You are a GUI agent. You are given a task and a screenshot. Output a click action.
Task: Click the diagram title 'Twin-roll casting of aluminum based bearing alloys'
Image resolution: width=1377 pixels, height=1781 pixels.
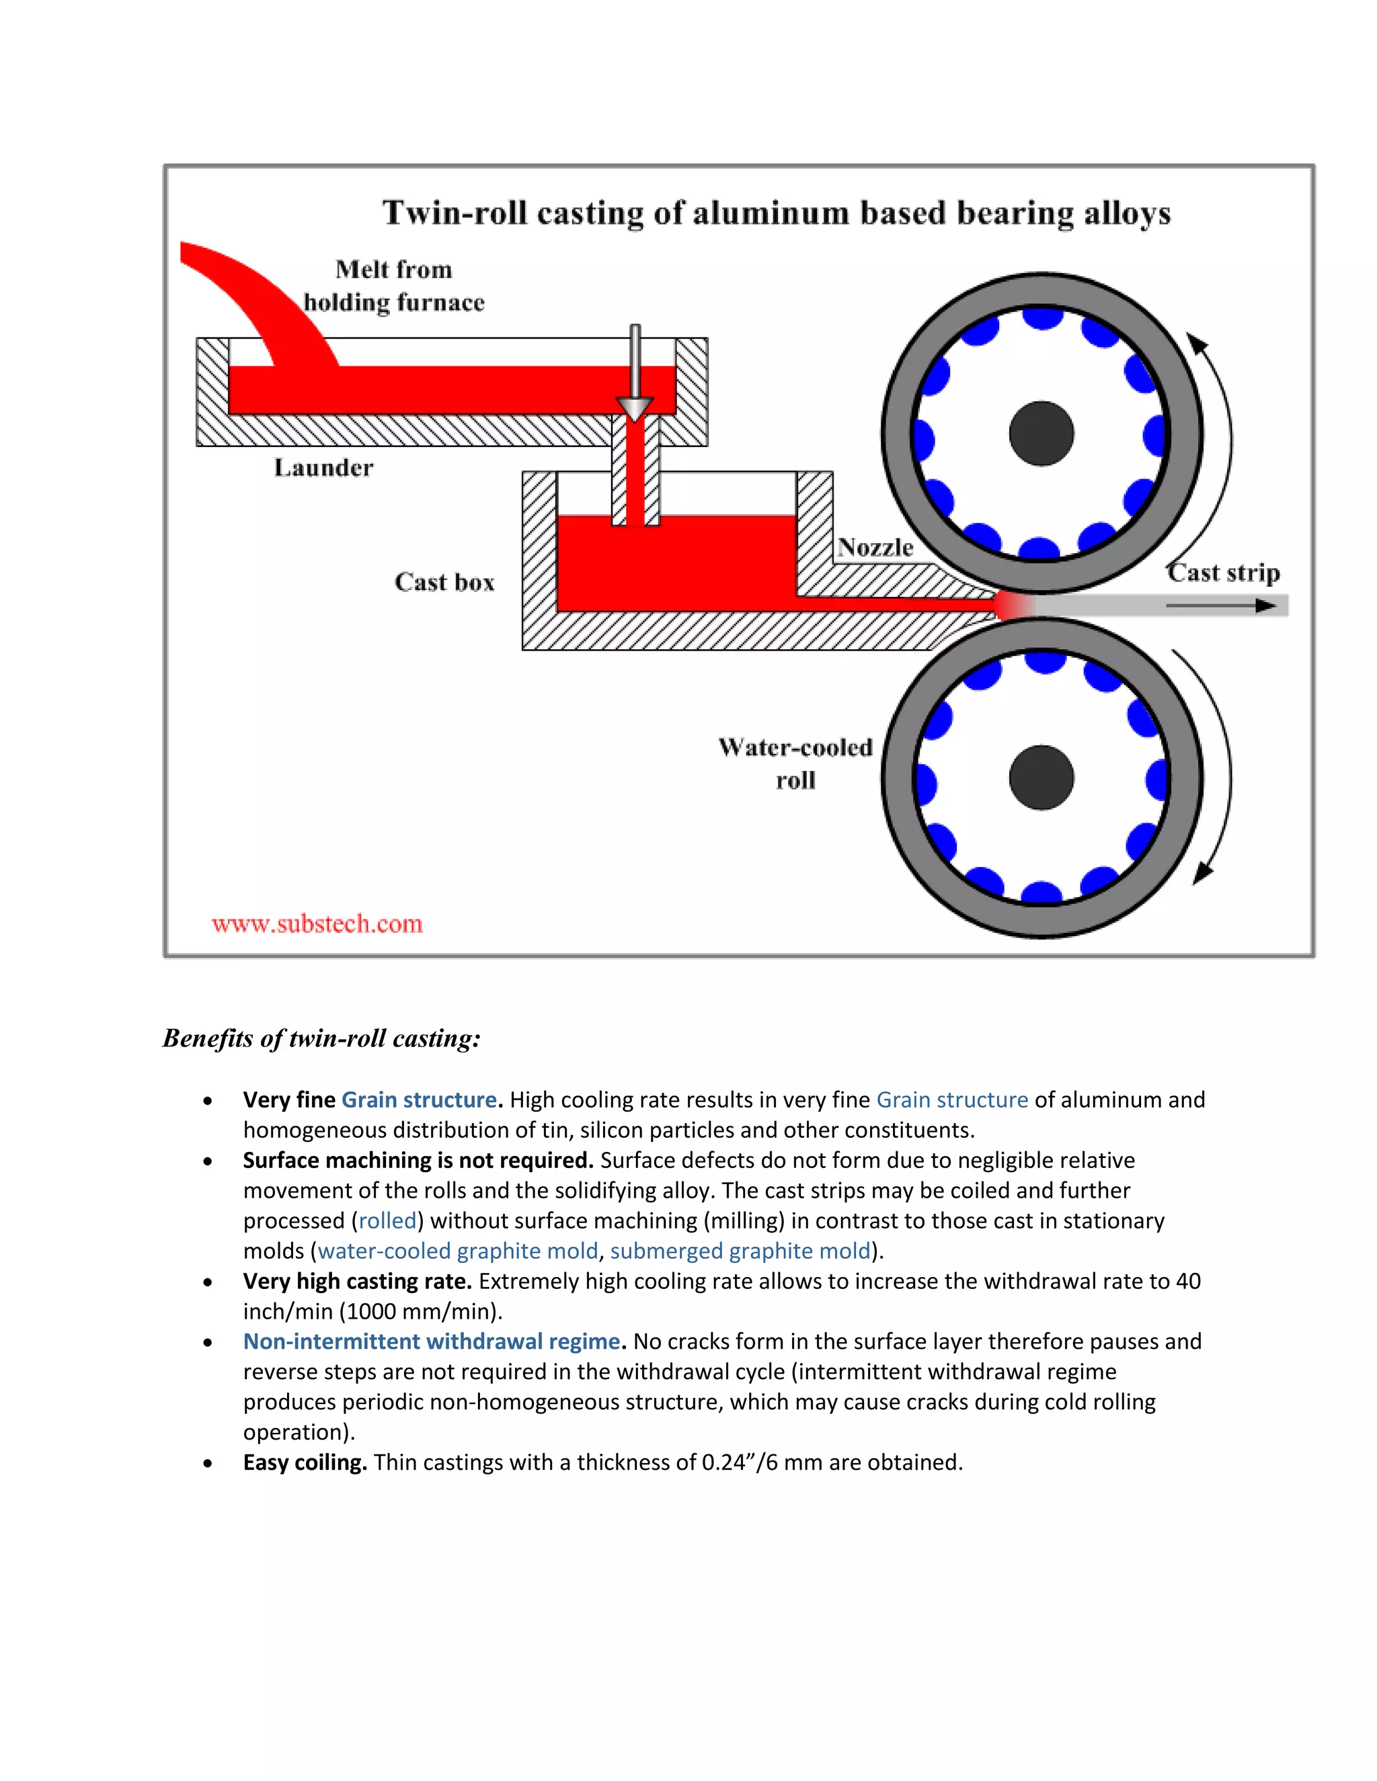point(776,213)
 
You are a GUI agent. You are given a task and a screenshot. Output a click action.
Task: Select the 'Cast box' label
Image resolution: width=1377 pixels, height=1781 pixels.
point(444,582)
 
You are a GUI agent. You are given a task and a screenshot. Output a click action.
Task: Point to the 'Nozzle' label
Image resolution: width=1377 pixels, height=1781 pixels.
point(875,547)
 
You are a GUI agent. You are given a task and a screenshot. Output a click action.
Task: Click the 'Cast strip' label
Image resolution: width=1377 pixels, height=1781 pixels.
point(1223,573)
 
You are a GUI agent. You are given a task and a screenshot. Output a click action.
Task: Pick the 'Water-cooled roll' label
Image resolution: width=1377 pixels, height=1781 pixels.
point(795,763)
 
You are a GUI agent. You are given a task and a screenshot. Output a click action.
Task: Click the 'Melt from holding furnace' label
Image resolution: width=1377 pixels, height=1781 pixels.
point(394,286)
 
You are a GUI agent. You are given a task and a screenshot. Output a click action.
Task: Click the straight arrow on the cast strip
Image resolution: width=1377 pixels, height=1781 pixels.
point(1220,606)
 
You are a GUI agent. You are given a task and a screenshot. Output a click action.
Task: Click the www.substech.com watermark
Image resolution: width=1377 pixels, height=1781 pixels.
point(317,924)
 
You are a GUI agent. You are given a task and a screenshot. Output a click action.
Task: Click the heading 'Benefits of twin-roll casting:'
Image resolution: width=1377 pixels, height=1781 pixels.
point(321,1038)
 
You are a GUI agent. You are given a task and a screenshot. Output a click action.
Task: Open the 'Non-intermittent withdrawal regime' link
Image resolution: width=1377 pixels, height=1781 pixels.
point(432,1341)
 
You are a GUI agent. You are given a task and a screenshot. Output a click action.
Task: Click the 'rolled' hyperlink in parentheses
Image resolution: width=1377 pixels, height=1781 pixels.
point(387,1220)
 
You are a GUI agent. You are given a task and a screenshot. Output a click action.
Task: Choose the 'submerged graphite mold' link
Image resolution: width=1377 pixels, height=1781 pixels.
point(740,1251)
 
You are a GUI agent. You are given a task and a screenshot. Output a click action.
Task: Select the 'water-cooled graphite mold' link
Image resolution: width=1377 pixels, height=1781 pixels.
point(458,1251)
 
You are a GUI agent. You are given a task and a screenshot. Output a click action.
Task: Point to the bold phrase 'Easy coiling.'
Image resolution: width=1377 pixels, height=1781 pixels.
point(305,1462)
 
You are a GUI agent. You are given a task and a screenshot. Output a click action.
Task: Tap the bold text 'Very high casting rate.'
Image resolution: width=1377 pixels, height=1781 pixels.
point(357,1281)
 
